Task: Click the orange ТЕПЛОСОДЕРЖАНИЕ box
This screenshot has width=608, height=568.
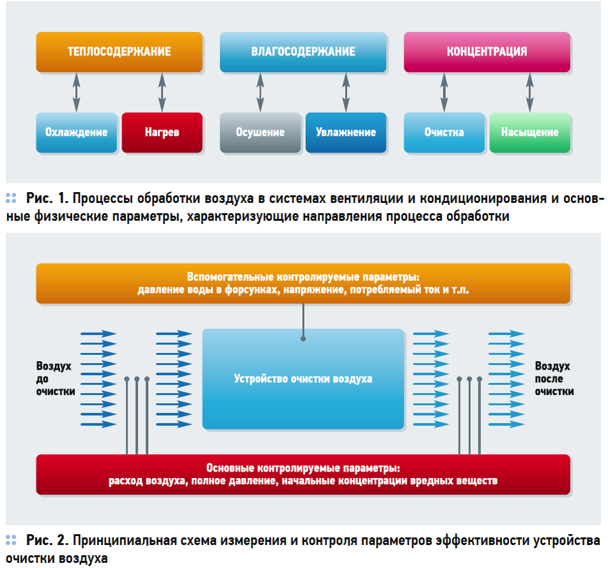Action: (x=119, y=52)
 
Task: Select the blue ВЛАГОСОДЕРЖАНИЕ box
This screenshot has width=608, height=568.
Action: (x=303, y=52)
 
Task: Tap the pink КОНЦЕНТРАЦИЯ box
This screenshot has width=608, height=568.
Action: (x=487, y=52)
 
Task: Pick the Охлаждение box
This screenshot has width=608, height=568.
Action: (x=77, y=133)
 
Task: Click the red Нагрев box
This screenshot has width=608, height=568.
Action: (x=162, y=133)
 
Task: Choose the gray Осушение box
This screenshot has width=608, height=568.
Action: (x=260, y=133)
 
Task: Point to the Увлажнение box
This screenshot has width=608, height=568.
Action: (x=346, y=133)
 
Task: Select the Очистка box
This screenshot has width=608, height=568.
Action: (x=444, y=133)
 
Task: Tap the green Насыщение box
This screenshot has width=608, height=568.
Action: (x=529, y=133)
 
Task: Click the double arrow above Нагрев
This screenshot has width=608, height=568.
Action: (x=162, y=93)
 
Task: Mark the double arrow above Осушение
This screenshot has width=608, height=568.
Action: (x=260, y=93)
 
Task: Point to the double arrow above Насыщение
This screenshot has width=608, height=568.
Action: (x=529, y=93)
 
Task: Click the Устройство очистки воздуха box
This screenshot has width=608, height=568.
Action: (x=303, y=379)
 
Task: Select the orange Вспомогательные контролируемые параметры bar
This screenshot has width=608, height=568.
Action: (x=303, y=283)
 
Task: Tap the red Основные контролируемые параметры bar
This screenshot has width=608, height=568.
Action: (x=303, y=474)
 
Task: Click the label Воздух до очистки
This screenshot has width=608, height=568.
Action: (x=55, y=379)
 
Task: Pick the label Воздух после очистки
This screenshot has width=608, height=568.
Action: (x=553, y=379)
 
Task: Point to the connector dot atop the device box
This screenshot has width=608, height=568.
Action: (x=303, y=338)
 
